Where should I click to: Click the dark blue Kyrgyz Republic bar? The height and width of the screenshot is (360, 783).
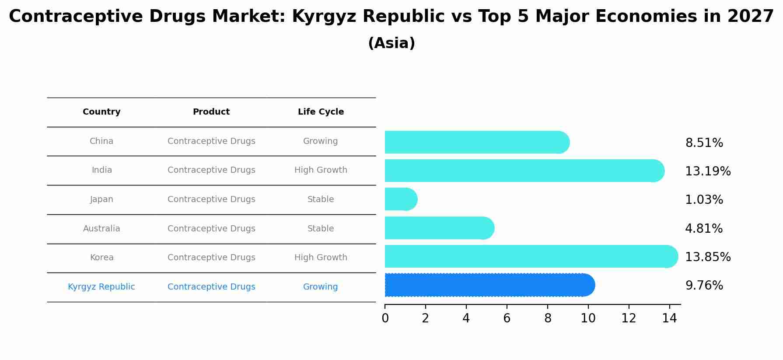489,285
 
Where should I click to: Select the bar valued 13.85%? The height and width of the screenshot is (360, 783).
531,256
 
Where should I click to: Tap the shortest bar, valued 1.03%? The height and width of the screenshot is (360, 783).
401,199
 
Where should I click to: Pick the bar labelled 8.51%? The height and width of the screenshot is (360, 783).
476,142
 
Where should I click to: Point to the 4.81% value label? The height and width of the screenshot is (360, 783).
703,228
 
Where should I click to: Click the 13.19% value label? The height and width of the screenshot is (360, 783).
707,171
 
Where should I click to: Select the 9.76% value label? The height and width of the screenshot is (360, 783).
704,286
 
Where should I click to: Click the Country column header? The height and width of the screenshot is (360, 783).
101,112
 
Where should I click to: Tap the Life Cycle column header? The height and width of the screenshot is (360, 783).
321,112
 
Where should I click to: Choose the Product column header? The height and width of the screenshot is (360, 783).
211,112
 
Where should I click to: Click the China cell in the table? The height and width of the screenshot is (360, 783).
101,141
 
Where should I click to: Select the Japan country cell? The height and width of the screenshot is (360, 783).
101,199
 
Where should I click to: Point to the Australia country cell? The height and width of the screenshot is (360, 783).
101,229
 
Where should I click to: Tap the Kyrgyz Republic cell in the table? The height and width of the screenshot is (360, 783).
101,287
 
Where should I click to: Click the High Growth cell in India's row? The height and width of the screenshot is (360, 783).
321,170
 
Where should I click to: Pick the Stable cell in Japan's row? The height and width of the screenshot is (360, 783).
321,199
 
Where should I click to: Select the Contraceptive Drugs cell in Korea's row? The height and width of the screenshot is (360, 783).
211,258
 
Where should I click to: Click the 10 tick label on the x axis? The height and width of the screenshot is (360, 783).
588,318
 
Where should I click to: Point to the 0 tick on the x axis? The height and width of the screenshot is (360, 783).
385,318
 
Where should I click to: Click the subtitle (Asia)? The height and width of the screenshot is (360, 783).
391,43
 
